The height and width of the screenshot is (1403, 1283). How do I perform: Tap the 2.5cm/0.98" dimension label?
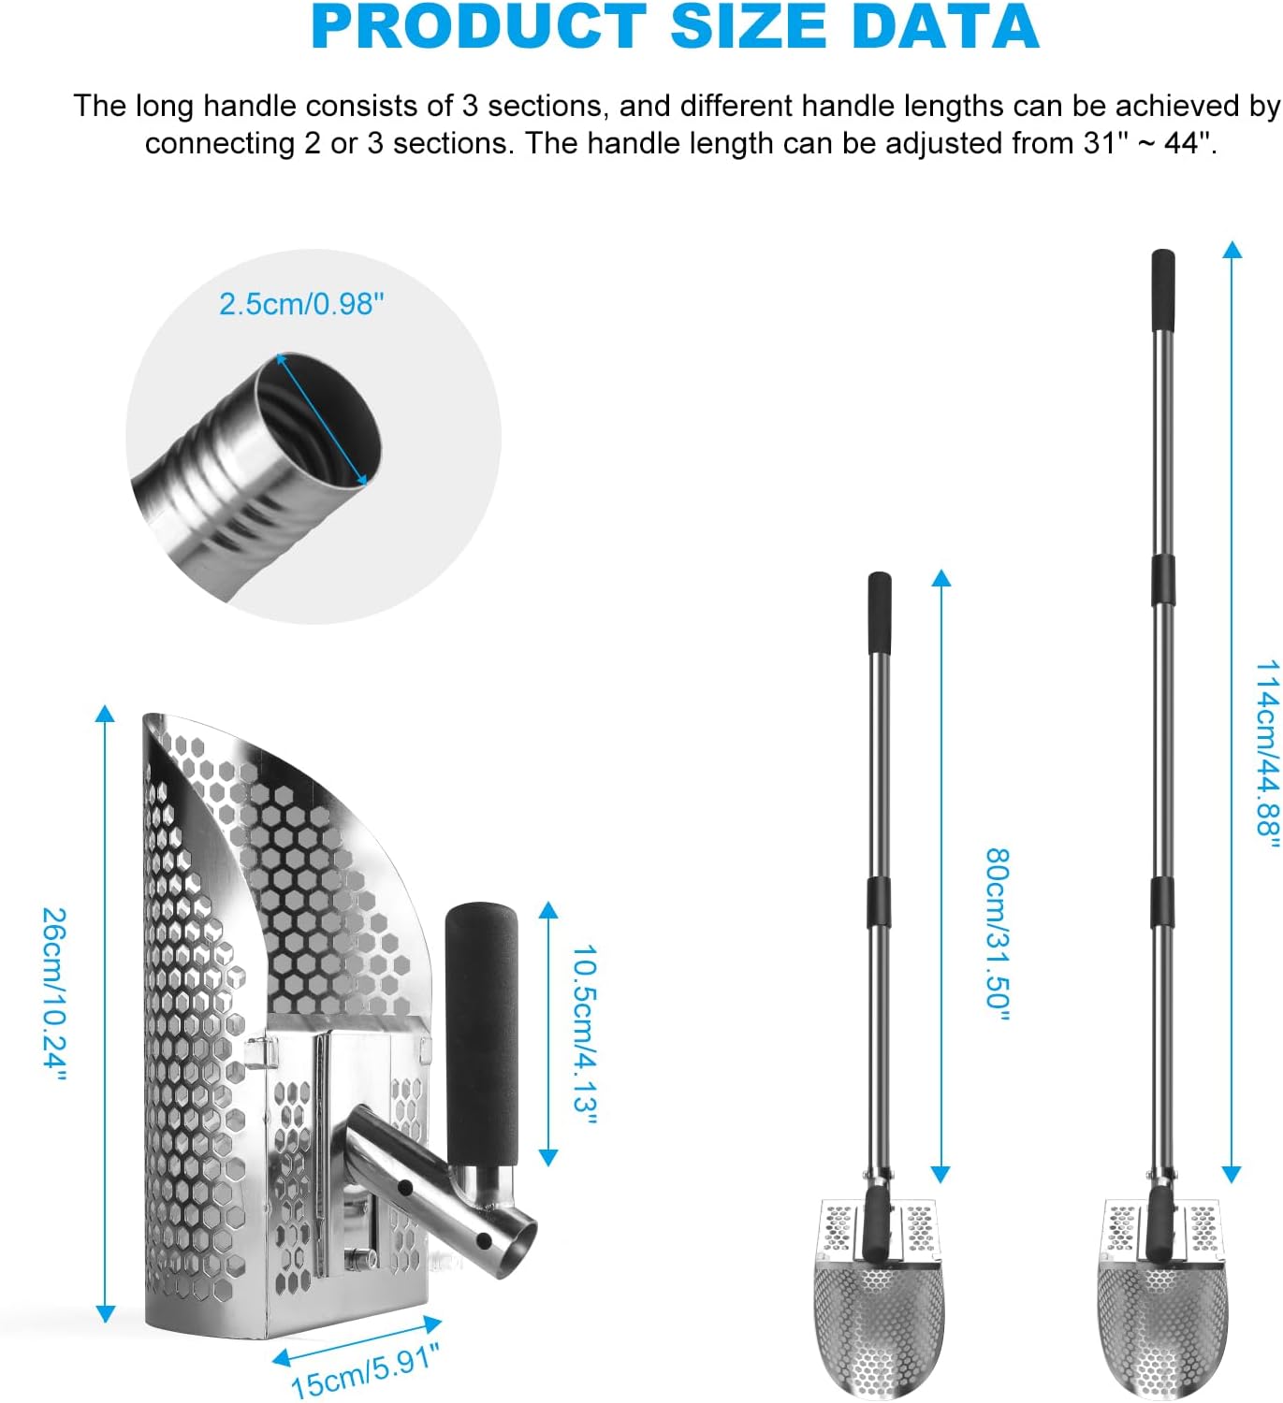point(301,304)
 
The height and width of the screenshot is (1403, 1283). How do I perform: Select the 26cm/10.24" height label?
point(54,993)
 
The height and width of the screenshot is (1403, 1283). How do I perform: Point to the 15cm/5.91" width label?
point(365,1370)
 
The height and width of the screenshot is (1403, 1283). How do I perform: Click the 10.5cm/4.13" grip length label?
point(584,1034)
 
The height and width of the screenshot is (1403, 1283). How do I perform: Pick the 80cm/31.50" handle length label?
point(999,933)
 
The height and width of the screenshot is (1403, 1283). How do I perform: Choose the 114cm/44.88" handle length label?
point(1267,753)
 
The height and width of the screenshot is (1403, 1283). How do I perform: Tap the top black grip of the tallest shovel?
point(1162,289)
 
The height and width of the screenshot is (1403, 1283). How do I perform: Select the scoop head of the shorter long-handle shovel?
point(879,1319)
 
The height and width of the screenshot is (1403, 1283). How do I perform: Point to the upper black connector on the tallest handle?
point(1162,580)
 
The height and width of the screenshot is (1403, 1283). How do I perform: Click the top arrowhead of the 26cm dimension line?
point(105,713)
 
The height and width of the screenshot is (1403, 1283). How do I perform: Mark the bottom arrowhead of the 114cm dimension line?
point(1232,1175)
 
